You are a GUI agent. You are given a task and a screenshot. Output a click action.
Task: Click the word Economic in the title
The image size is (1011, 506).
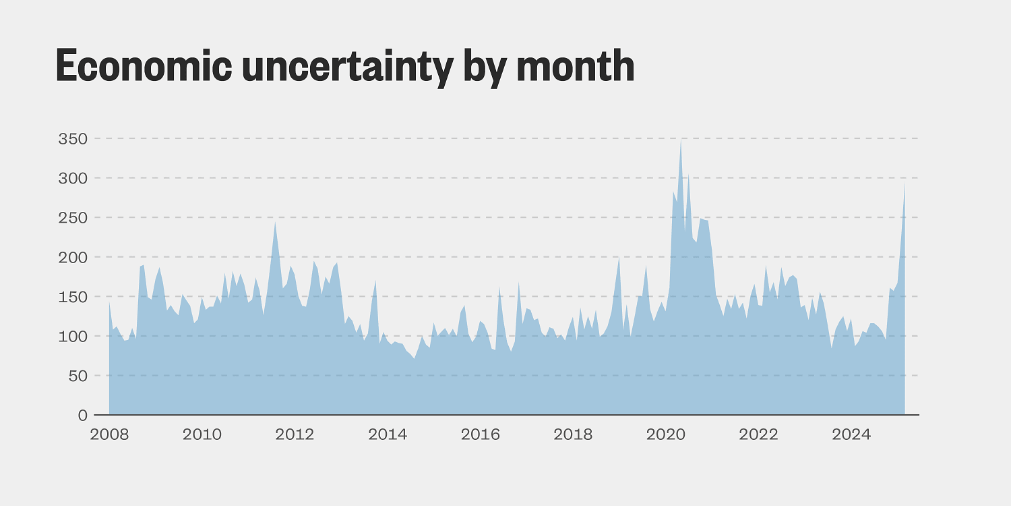click(144, 65)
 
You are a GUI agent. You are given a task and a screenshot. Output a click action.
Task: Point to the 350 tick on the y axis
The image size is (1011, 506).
click(73, 139)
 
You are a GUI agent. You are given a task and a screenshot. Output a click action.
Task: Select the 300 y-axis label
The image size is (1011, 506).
click(73, 178)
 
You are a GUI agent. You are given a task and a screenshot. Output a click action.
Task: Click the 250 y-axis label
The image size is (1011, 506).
click(73, 218)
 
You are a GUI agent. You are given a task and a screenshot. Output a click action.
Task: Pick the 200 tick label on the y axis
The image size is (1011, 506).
click(73, 257)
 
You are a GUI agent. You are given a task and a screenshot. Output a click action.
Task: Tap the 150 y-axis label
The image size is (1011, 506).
click(73, 297)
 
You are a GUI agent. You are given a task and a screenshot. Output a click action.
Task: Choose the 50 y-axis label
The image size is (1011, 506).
click(78, 376)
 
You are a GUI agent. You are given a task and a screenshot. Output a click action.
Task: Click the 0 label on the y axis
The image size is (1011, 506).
click(82, 415)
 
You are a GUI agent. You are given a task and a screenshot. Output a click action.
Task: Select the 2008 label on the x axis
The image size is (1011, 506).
click(109, 434)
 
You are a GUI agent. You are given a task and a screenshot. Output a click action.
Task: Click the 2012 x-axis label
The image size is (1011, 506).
click(295, 434)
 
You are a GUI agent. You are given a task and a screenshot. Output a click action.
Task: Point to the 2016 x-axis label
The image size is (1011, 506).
click(480, 434)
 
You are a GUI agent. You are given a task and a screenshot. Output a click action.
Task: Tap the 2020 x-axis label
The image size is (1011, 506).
click(665, 434)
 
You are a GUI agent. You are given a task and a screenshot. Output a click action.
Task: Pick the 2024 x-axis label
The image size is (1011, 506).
click(851, 434)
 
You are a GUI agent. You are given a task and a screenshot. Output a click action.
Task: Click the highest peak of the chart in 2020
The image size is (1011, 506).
click(681, 140)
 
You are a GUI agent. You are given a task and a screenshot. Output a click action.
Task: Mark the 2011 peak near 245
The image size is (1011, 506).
click(275, 221)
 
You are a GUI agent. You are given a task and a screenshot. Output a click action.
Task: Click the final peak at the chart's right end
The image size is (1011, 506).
click(905, 184)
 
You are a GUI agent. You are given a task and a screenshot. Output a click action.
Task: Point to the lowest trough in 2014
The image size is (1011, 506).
click(415, 358)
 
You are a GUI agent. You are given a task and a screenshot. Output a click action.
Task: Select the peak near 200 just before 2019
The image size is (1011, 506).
click(619, 257)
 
